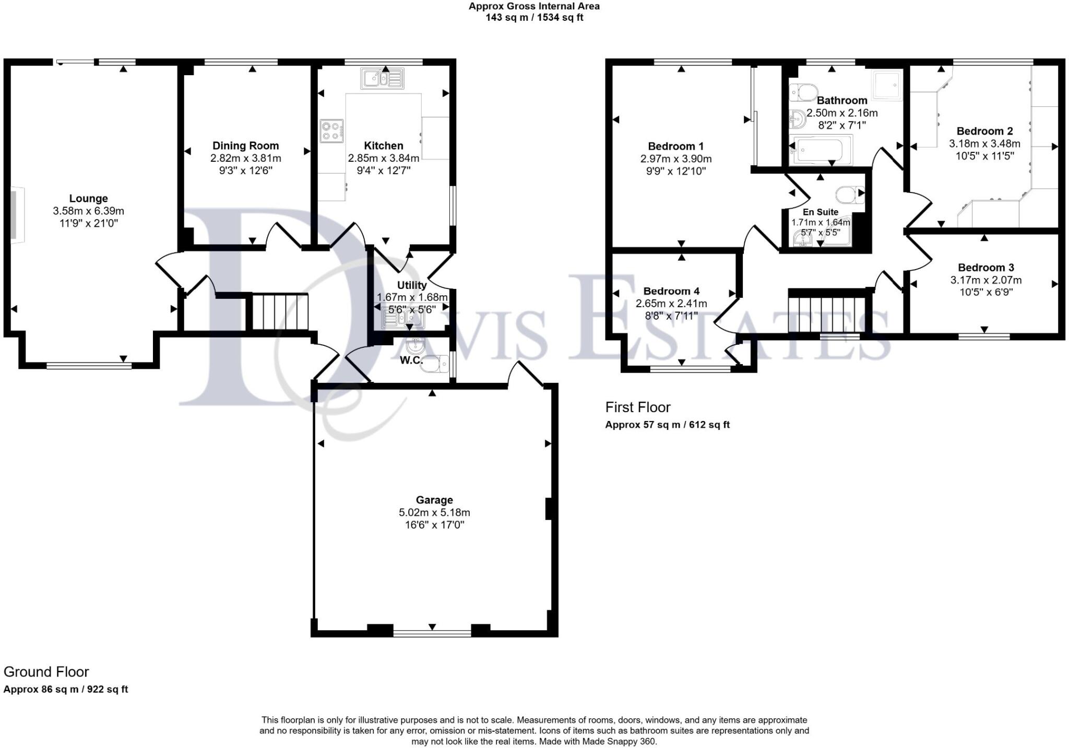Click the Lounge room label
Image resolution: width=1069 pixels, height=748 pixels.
click(88, 198)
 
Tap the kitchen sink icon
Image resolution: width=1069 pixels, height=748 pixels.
click(382, 79)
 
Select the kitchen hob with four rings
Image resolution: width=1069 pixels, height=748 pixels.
click(331, 130)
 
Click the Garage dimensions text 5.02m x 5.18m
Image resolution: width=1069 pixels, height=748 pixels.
click(434, 513)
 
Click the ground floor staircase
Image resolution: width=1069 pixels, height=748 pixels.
click(280, 311)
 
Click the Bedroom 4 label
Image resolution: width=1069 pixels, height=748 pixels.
click(671, 291)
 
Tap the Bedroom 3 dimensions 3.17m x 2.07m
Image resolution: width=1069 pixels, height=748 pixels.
click(985, 280)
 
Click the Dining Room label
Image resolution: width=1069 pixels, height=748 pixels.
click(245, 146)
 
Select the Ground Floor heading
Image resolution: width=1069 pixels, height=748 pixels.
click(46, 672)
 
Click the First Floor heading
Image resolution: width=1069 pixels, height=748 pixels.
click(637, 407)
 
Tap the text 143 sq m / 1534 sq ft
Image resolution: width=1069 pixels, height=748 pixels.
click(534, 18)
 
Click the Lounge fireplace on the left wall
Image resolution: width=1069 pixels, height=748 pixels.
click(15, 215)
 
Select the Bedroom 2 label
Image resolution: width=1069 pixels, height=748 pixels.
click(984, 131)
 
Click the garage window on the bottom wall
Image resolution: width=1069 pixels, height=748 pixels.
click(432, 633)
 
